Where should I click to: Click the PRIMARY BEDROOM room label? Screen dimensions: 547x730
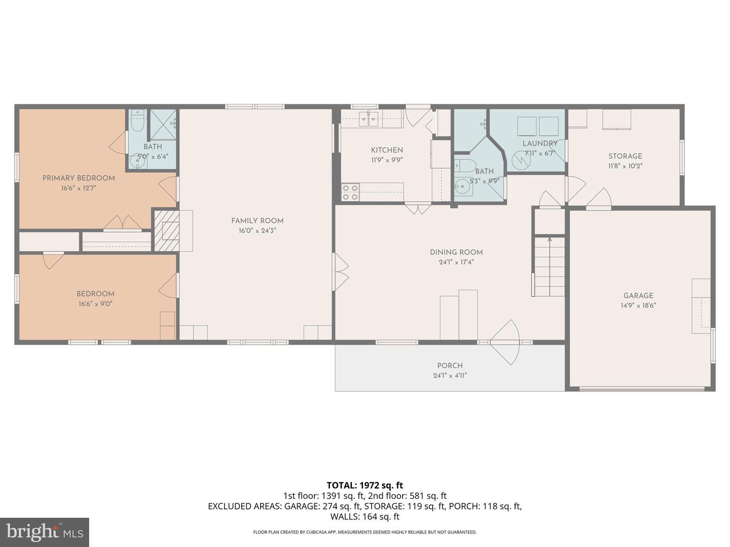click(x=79, y=178)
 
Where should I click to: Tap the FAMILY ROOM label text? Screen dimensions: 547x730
click(x=257, y=220)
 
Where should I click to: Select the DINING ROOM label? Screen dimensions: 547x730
click(x=456, y=252)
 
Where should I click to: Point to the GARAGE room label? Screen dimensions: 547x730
click(x=638, y=295)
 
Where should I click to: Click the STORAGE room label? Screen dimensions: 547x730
click(x=625, y=156)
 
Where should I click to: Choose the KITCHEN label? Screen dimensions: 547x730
click(x=387, y=150)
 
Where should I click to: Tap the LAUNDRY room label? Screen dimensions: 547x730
click(x=540, y=143)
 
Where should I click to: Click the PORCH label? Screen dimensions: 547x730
click(x=450, y=365)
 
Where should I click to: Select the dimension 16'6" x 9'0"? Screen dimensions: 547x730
click(x=95, y=304)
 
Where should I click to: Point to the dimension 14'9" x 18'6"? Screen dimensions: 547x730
click(x=638, y=305)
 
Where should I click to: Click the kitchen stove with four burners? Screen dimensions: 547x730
click(x=350, y=192)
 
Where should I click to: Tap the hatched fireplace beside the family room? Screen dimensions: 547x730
click(x=167, y=230)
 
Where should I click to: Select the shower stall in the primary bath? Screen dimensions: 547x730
click(x=163, y=124)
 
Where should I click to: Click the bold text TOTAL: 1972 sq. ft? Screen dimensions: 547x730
click(x=364, y=485)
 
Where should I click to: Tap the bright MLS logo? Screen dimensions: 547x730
click(x=45, y=532)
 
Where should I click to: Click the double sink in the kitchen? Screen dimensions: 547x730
click(x=369, y=119)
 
